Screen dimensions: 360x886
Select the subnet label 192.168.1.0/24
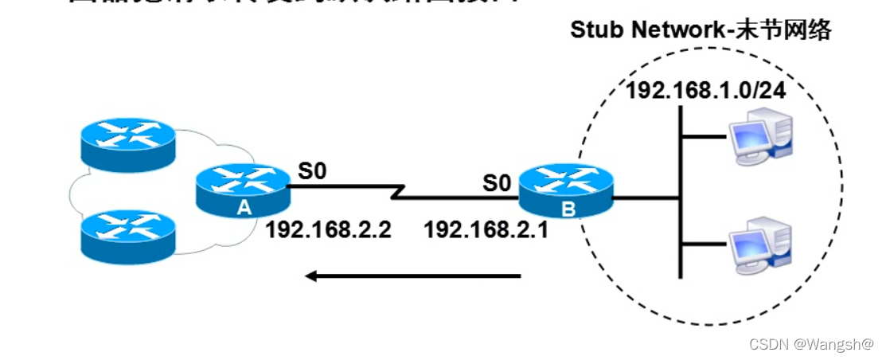(x=705, y=89)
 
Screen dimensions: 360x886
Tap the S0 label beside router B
(x=496, y=183)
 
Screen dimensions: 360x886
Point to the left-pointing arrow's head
(x=311, y=276)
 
